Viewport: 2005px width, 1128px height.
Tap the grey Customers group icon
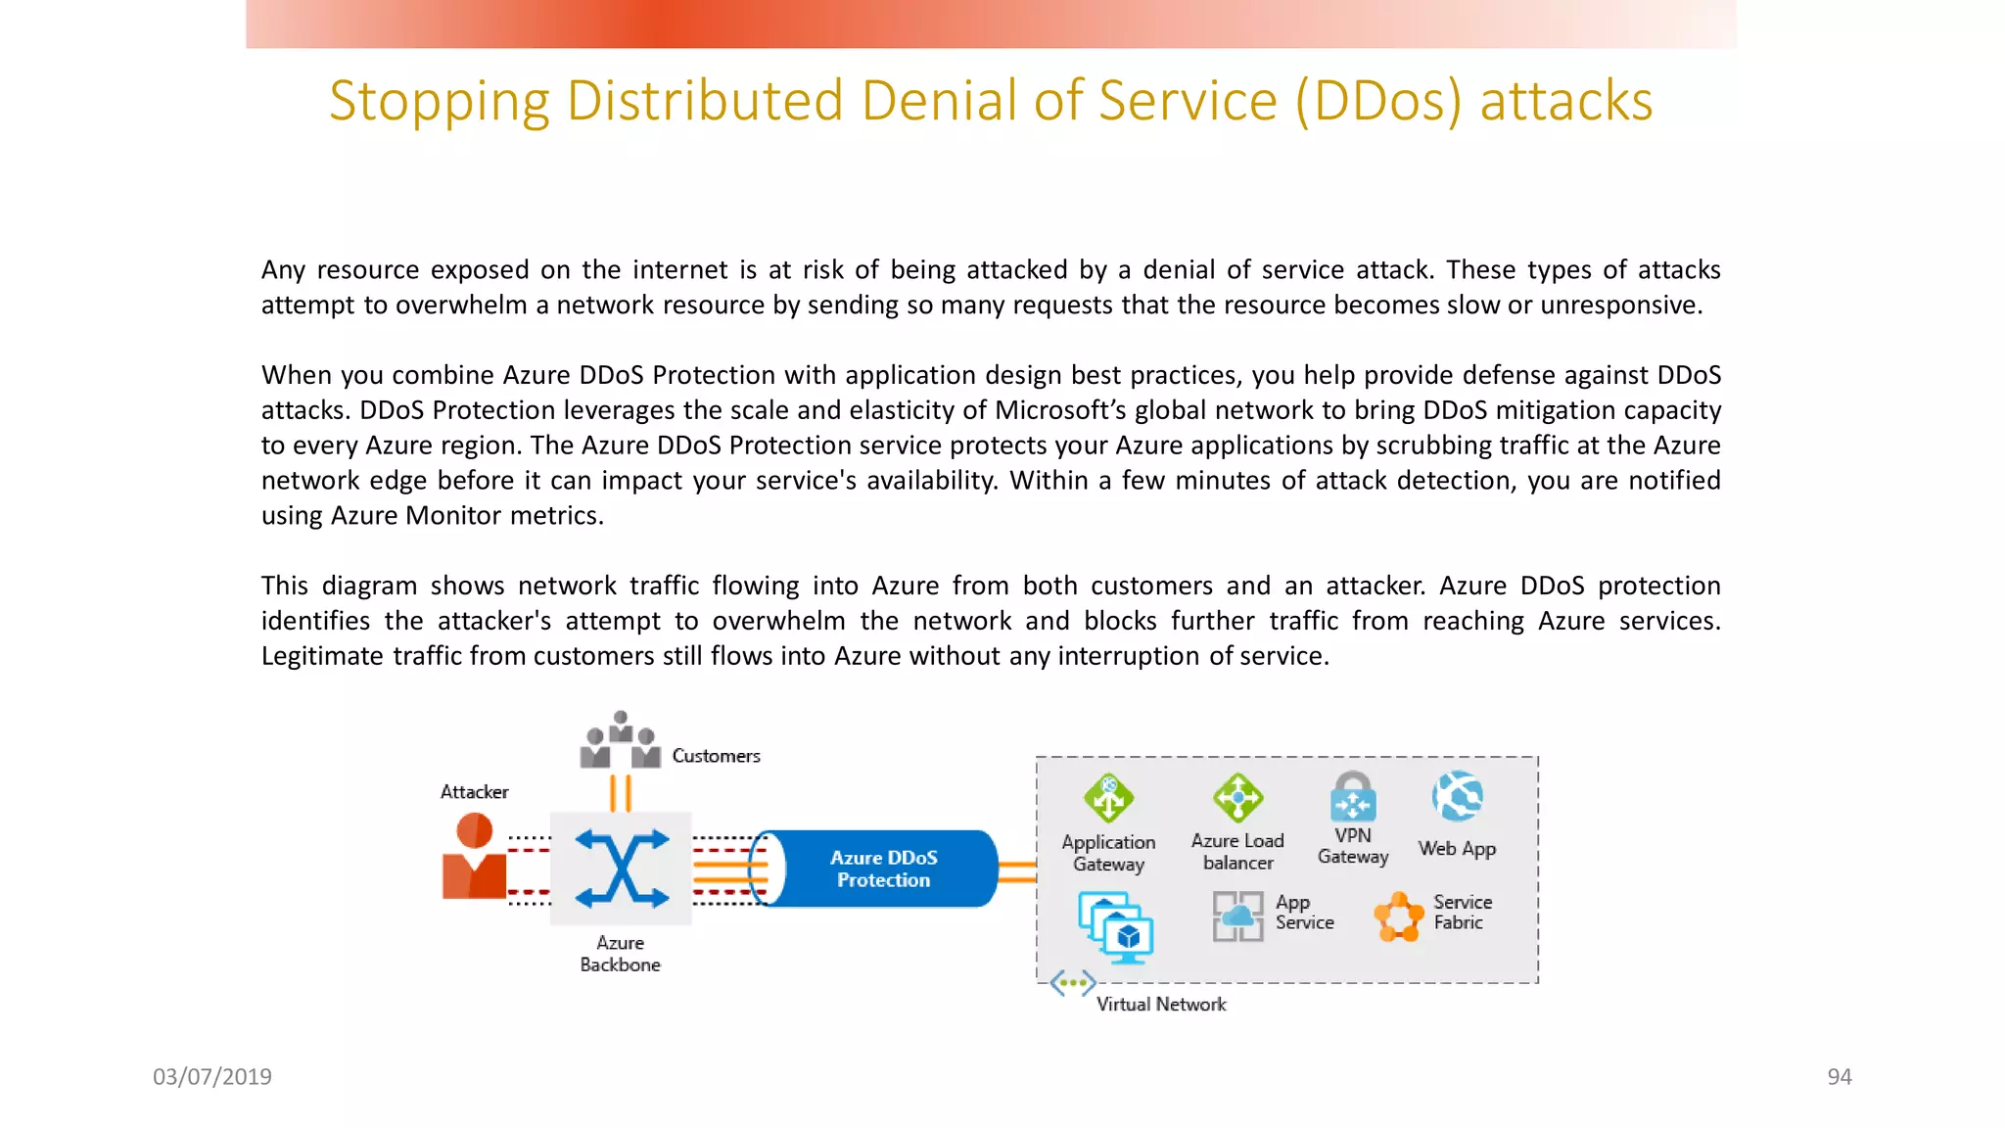(x=620, y=742)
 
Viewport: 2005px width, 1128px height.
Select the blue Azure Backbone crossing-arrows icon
(x=622, y=869)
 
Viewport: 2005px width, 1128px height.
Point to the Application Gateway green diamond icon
(x=1108, y=798)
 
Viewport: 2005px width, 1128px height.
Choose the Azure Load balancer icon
(x=1237, y=798)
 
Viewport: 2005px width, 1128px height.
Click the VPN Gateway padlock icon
(x=1353, y=797)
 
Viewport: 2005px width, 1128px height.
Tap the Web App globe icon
(x=1457, y=796)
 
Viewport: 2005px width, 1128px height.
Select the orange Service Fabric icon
(x=1399, y=916)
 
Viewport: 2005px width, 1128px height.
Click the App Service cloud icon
(x=1237, y=916)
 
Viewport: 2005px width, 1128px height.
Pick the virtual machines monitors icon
(x=1116, y=926)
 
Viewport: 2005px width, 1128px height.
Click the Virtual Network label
(x=1161, y=1005)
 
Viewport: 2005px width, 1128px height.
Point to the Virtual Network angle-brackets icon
(x=1072, y=982)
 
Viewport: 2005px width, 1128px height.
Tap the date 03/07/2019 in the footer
(x=212, y=1077)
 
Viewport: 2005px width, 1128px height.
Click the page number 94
(x=1839, y=1077)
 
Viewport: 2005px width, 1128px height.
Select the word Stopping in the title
(x=440, y=102)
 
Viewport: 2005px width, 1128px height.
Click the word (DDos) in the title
(x=1378, y=102)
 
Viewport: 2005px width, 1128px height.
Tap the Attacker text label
(x=474, y=792)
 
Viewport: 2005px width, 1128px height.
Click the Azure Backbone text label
(x=620, y=954)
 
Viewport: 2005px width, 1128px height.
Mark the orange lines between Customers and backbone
(x=621, y=793)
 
